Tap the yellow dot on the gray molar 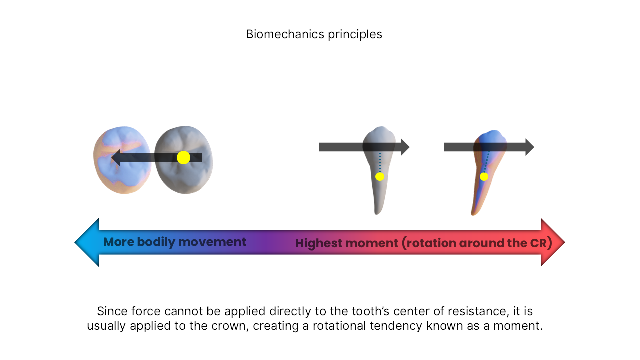[x=183, y=158]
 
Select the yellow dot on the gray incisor [x=380, y=176]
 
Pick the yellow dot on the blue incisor [x=484, y=176]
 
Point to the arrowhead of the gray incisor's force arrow [x=405, y=147]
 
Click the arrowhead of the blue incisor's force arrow [x=529, y=147]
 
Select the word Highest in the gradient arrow [x=317, y=243]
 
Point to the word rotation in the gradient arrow [x=431, y=243]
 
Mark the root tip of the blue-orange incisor [x=473, y=213]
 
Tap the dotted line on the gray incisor [x=380, y=162]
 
